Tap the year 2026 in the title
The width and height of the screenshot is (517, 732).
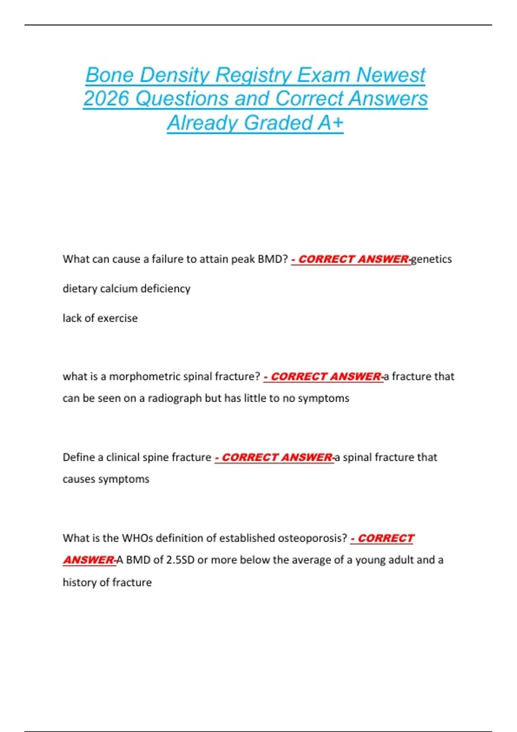[x=106, y=99]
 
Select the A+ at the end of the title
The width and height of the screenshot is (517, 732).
[x=330, y=123]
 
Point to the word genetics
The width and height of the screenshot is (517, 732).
[x=431, y=259]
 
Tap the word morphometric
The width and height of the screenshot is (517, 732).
[x=145, y=377]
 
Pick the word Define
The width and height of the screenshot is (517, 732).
[x=78, y=457]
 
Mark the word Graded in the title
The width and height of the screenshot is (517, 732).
[x=278, y=123]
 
